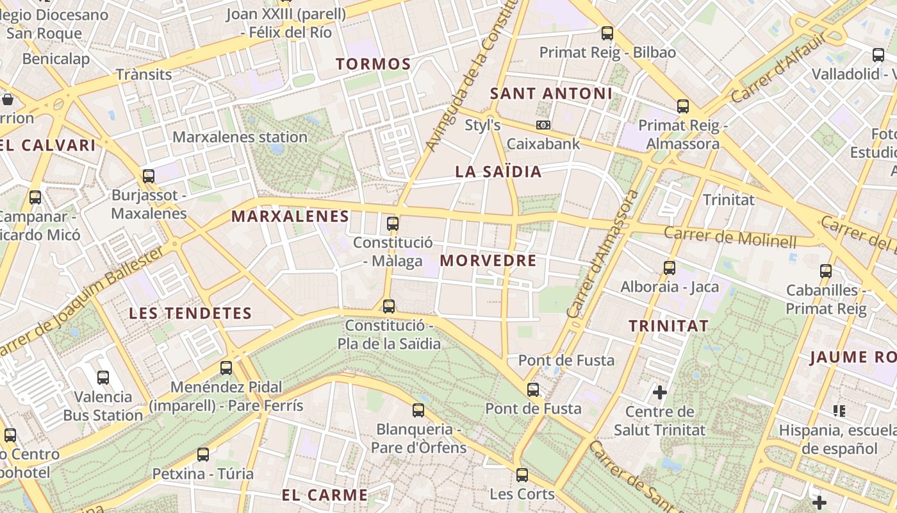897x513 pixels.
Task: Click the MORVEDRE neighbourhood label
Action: pyautogui.click(x=488, y=261)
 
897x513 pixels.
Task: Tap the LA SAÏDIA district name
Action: pyautogui.click(x=498, y=172)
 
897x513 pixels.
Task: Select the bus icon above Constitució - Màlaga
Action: pyautogui.click(x=393, y=224)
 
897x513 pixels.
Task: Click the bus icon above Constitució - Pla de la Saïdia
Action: pyautogui.click(x=388, y=306)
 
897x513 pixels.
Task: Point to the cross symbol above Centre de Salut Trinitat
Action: pyautogui.click(x=660, y=391)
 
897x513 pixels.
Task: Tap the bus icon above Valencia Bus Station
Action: pyautogui.click(x=103, y=378)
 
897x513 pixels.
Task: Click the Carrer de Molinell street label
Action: pyautogui.click(x=730, y=237)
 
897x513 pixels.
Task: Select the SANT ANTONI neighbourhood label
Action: pyautogui.click(x=551, y=94)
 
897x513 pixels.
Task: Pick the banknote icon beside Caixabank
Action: pyautogui.click(x=543, y=124)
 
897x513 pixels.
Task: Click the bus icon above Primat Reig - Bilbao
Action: pyautogui.click(x=607, y=33)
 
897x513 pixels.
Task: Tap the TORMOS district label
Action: pyautogui.click(x=374, y=64)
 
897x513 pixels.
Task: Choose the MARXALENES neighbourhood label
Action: pyautogui.click(x=290, y=216)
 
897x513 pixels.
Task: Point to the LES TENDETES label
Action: pyautogui.click(x=190, y=314)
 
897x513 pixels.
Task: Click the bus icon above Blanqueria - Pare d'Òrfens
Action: pyautogui.click(x=418, y=410)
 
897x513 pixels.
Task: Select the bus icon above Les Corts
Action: pyautogui.click(x=522, y=475)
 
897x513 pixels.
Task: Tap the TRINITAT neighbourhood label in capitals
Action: pyautogui.click(x=669, y=326)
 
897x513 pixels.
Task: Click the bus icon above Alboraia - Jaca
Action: pyautogui.click(x=670, y=267)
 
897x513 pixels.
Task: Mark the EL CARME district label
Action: pyautogui.click(x=325, y=495)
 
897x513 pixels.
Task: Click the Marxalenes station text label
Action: pyautogui.click(x=240, y=137)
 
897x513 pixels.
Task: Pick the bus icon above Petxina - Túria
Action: pyautogui.click(x=203, y=454)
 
